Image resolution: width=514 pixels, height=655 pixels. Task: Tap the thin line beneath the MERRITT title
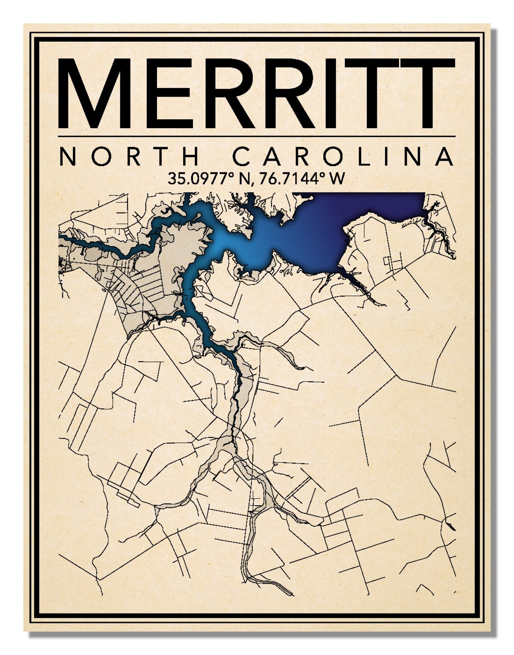point(257,136)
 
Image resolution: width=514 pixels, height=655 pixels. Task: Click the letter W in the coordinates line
point(338,179)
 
